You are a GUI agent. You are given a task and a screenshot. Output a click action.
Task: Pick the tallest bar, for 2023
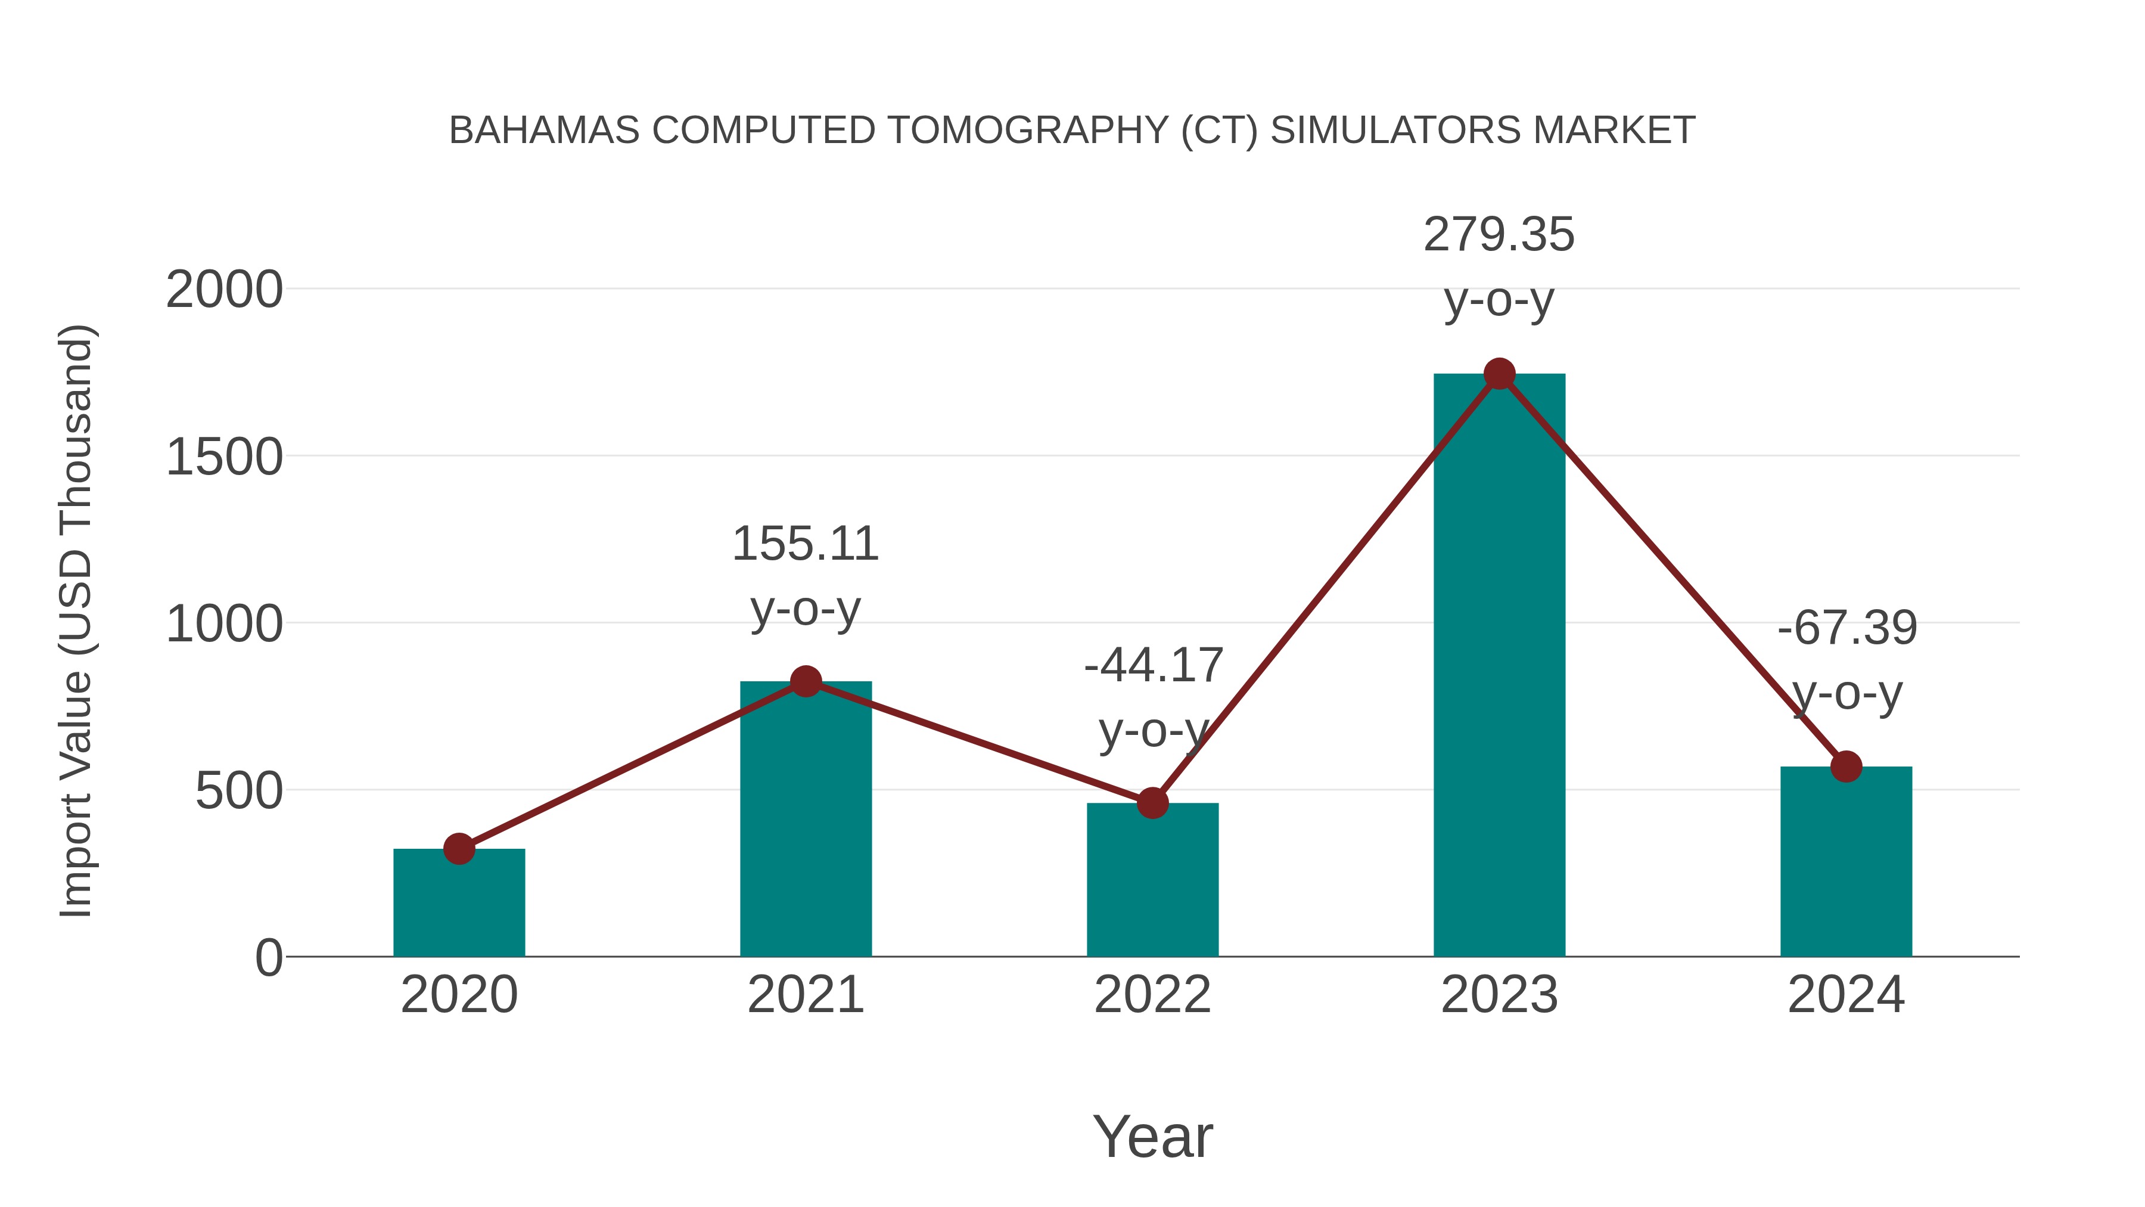click(1499, 666)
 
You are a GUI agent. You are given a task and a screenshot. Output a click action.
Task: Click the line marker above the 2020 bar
click(459, 849)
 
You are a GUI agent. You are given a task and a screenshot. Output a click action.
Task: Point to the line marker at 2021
click(805, 681)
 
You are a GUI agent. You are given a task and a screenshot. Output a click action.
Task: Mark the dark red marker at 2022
click(1152, 803)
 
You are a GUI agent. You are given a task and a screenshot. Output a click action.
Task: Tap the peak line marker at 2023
click(1499, 374)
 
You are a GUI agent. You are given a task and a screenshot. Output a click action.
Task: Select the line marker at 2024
click(1846, 767)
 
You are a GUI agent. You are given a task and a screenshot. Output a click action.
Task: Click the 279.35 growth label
click(1499, 235)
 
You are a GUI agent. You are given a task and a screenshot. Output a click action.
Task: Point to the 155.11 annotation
click(805, 545)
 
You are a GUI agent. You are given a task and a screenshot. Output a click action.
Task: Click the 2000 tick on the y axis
click(224, 291)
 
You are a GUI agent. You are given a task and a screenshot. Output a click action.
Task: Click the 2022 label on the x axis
click(1152, 995)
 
